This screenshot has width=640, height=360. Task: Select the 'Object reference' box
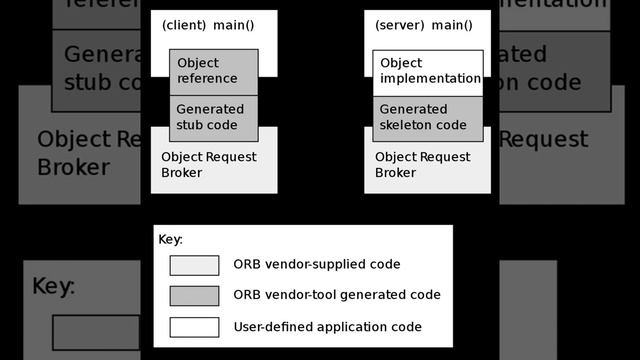tap(213, 71)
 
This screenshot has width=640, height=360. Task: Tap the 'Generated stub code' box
tap(213, 117)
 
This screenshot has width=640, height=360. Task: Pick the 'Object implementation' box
tap(429, 71)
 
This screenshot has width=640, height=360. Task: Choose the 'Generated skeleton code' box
tap(429, 117)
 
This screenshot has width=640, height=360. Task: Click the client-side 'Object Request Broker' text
tap(209, 165)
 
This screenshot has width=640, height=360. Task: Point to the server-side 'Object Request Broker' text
tap(422, 165)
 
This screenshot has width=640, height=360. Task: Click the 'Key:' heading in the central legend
tap(171, 240)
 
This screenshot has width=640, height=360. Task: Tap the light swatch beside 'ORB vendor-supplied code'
tap(194, 265)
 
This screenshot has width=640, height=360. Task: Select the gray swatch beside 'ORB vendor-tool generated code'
tap(194, 296)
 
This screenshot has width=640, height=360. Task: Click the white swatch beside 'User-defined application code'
tap(194, 327)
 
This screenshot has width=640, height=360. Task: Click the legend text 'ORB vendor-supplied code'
tap(316, 265)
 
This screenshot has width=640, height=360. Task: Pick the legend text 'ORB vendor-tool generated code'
tap(336, 295)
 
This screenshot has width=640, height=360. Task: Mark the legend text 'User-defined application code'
tap(327, 326)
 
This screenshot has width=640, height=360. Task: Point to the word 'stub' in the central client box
tap(190, 125)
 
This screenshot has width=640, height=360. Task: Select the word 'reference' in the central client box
tap(207, 79)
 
